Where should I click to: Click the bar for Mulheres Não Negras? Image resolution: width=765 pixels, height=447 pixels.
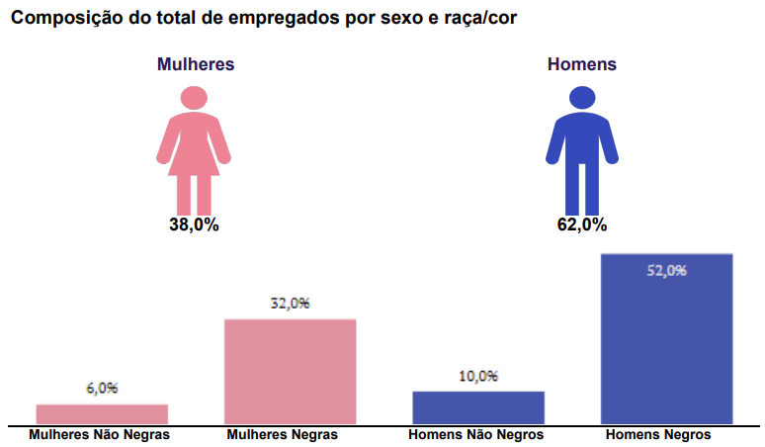coord(102,413)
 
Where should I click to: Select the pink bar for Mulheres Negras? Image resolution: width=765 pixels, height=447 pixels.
coord(290,371)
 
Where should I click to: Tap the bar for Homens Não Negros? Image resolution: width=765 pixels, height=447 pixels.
coord(478,407)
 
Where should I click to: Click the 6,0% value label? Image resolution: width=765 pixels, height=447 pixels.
coord(102,389)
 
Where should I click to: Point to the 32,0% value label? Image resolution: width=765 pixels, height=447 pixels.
coord(290,304)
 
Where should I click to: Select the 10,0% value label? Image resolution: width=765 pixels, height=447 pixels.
coord(478,376)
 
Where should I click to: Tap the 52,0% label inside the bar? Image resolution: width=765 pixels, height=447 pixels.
coord(666,270)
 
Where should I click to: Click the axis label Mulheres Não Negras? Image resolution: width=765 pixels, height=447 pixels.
coord(100,435)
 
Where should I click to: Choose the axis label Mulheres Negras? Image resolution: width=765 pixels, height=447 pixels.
coord(283,435)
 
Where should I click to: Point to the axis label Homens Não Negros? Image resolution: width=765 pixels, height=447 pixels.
coord(475,435)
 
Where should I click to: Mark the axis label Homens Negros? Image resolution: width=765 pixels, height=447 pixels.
coord(658,435)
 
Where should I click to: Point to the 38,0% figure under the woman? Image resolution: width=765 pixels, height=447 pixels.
coord(194,224)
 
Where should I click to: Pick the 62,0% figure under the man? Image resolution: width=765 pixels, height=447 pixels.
coord(581,224)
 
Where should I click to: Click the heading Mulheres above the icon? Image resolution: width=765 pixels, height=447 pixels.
coord(196,64)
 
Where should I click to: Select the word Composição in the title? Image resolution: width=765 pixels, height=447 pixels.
coord(64,18)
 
